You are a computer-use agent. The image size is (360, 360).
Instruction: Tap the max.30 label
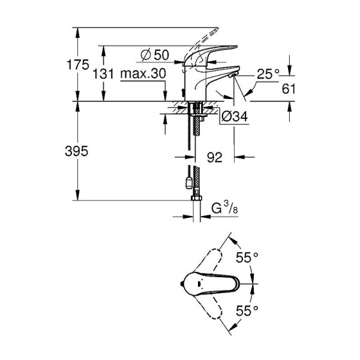[142, 74]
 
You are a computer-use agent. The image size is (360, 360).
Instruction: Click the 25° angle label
[268, 74]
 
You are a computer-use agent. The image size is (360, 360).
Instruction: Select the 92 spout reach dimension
[214, 158]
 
